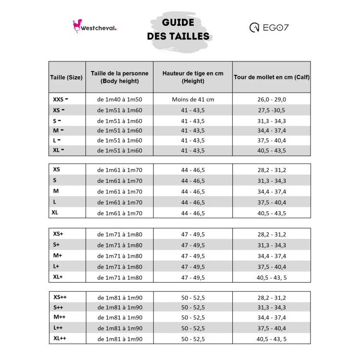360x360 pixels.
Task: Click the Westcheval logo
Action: pyautogui.click(x=95, y=27)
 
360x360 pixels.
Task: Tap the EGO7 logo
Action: pyautogui.click(x=269, y=27)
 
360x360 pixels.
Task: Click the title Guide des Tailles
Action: pyautogui.click(x=178, y=29)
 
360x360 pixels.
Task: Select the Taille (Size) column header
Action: pyautogui.click(x=66, y=77)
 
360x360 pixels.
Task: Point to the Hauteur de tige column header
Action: pyautogui.click(x=192, y=77)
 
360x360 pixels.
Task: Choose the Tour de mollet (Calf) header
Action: pyautogui.click(x=271, y=77)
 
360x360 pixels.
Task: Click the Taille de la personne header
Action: pyautogui.click(x=120, y=77)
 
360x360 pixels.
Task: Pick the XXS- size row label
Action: pyautogui.click(x=60, y=99)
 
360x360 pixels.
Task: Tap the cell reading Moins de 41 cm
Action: pyautogui.click(x=192, y=99)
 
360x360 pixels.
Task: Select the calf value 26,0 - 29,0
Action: pyautogui.click(x=271, y=99)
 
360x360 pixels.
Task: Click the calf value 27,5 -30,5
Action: pyautogui.click(x=271, y=110)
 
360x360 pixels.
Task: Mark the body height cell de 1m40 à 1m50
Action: pyautogui.click(x=120, y=99)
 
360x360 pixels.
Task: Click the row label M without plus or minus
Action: pyautogui.click(x=56, y=192)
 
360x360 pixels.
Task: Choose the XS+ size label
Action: pyautogui.click(x=58, y=234)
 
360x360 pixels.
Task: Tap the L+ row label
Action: pyautogui.click(x=56, y=266)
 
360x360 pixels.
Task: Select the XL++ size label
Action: pyautogui.click(x=60, y=339)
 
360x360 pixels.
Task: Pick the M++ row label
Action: pyautogui.click(x=59, y=317)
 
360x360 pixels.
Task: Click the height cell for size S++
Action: pyautogui.click(x=192, y=308)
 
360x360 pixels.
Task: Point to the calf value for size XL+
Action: pyautogui.click(x=271, y=277)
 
